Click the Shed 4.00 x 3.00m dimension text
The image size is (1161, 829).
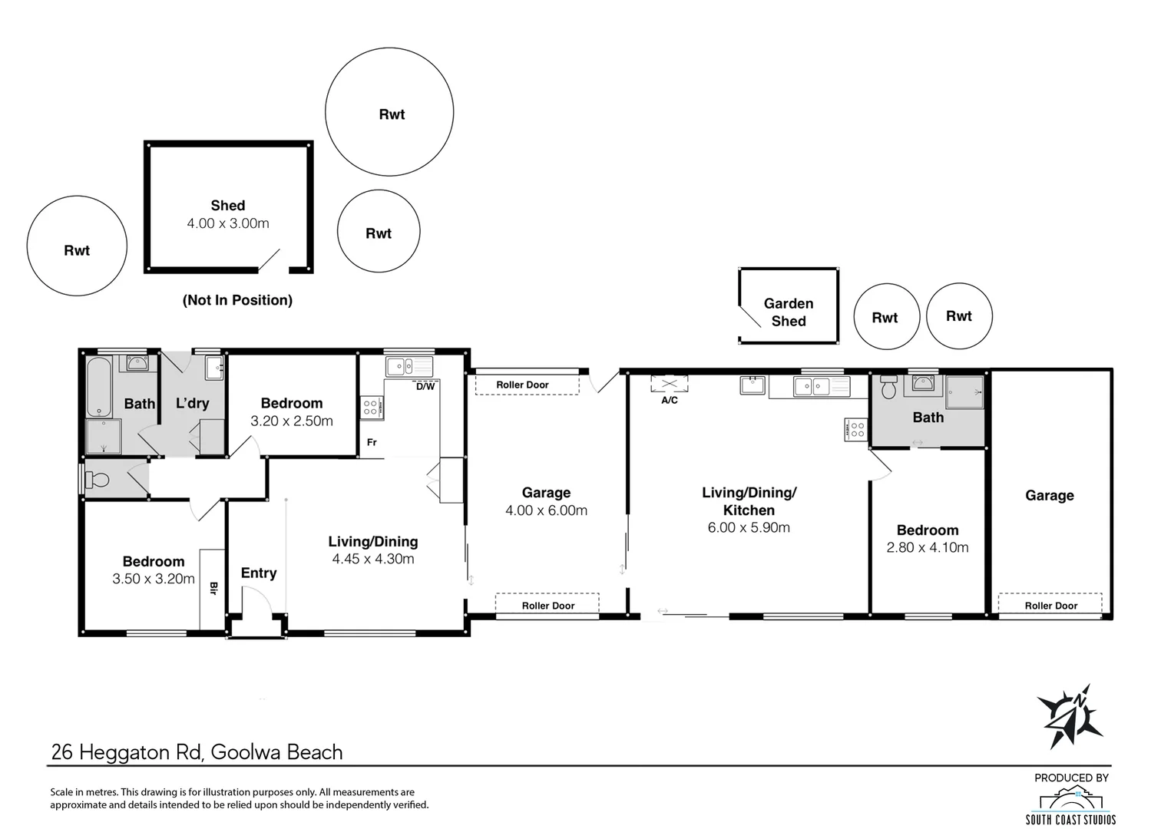(x=228, y=223)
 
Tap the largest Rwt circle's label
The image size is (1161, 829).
(x=392, y=114)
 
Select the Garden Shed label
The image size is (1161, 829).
(x=789, y=312)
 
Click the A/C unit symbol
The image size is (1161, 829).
(x=669, y=384)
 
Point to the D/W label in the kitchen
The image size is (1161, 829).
(x=425, y=386)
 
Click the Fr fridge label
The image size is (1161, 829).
(x=372, y=442)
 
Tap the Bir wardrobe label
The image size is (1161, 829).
(x=213, y=587)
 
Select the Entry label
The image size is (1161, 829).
(x=259, y=573)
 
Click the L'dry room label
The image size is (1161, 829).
(x=192, y=403)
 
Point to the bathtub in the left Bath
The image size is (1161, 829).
(x=99, y=387)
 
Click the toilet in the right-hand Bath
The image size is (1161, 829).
(x=888, y=387)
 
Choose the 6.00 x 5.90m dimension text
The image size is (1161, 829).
(x=749, y=527)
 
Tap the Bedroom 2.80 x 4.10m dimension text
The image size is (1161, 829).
(x=928, y=547)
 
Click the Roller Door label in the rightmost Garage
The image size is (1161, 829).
(x=1050, y=606)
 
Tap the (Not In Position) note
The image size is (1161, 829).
(x=237, y=300)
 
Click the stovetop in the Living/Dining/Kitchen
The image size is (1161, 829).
(x=855, y=430)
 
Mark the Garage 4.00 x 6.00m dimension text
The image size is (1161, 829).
(x=546, y=510)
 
